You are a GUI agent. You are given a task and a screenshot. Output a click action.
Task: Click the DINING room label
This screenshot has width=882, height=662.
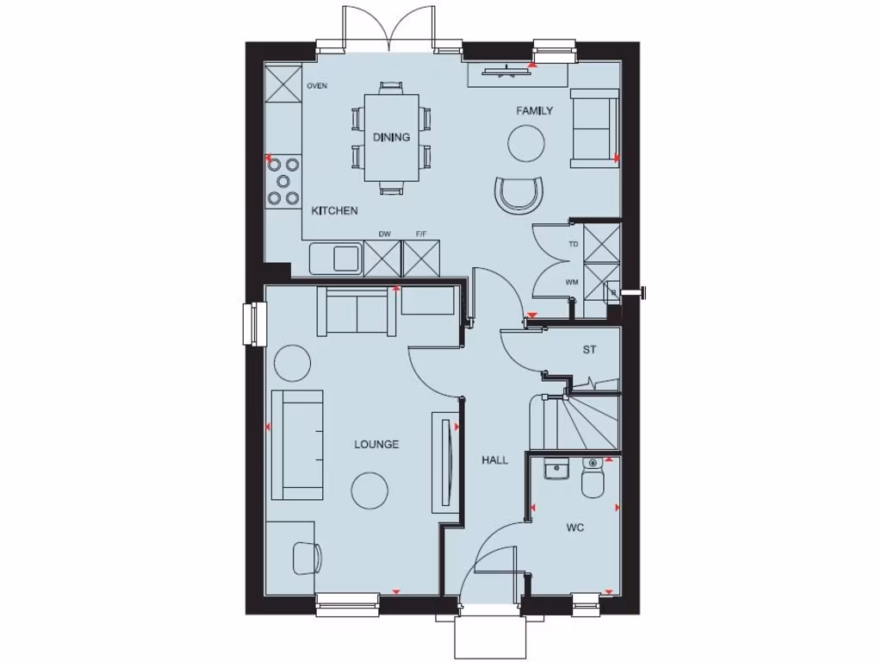click(x=391, y=137)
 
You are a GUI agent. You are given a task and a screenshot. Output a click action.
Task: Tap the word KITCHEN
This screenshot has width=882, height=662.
click(x=334, y=210)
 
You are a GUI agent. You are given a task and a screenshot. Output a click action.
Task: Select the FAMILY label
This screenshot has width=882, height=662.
click(x=534, y=111)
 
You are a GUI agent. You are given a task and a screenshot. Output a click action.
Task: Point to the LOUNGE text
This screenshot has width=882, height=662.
click(x=376, y=445)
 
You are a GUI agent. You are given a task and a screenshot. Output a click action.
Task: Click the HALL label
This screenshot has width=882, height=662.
click(x=494, y=460)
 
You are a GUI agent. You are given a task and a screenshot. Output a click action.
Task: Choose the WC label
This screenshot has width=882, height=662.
click(x=575, y=528)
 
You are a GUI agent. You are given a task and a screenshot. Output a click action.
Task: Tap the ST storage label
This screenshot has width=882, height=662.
click(x=589, y=350)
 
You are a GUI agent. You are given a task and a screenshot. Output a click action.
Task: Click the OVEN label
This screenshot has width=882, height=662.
click(x=317, y=86)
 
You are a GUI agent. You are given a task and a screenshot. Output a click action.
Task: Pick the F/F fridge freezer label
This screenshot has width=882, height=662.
click(x=421, y=234)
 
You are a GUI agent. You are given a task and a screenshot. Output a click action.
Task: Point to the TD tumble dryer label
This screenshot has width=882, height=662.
click(x=573, y=244)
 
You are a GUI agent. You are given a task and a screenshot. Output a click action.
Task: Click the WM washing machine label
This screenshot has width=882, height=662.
click(x=572, y=282)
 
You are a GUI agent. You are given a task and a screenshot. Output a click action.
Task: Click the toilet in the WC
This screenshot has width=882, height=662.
click(x=593, y=479)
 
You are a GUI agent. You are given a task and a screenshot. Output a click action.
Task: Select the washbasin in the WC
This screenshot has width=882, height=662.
click(x=556, y=471)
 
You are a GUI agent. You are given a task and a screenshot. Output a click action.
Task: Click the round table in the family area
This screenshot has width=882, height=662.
click(x=525, y=141)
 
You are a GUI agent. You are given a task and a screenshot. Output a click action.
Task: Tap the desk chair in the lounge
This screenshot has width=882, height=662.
click(x=306, y=557)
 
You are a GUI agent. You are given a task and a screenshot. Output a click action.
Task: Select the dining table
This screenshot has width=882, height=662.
click(x=391, y=138)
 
